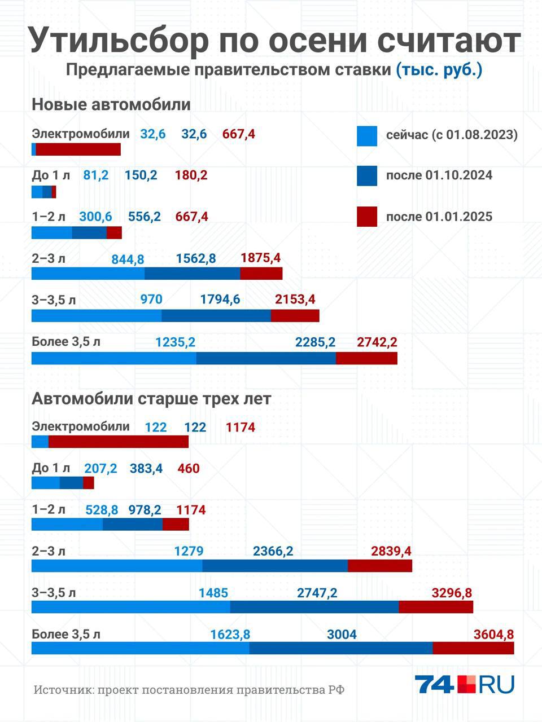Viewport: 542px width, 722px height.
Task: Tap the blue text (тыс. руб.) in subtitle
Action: [439, 70]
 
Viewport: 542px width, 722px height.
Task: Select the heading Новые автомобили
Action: [111, 104]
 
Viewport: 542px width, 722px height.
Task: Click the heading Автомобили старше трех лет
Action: [151, 398]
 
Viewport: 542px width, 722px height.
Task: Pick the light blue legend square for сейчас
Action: [367, 136]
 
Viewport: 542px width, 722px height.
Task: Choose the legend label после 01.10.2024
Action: [439, 175]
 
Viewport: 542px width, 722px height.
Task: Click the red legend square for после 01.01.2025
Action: [367, 217]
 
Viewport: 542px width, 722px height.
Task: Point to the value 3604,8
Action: [493, 634]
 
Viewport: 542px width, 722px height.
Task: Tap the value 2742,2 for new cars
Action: [377, 342]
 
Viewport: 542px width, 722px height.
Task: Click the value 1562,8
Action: [196, 258]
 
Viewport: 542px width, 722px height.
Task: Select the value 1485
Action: [213, 593]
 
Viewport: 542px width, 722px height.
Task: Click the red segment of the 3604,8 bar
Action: [473, 648]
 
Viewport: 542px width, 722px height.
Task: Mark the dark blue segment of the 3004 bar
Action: [341, 648]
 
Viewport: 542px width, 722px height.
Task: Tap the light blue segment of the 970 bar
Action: [96, 315]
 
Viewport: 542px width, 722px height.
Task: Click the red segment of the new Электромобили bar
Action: [78, 149]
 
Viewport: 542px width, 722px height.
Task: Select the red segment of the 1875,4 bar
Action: [261, 274]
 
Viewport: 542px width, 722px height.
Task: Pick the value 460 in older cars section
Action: [188, 468]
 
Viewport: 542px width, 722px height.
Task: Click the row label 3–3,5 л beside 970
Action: [54, 300]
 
